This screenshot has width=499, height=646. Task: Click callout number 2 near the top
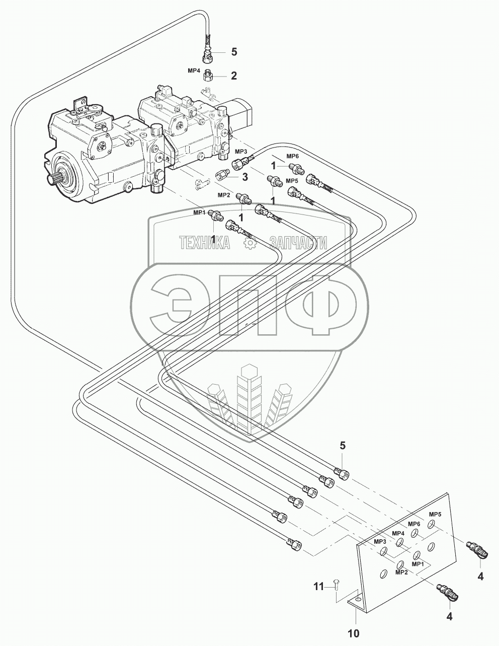(x=233, y=76)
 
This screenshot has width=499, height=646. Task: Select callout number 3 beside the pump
(x=245, y=177)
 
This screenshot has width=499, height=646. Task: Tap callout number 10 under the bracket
(x=354, y=633)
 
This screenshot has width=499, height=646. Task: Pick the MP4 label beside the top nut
(x=194, y=71)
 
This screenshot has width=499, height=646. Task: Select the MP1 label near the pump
(x=199, y=212)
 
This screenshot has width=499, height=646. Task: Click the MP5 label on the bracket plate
(x=435, y=515)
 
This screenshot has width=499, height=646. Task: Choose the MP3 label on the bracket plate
(x=380, y=541)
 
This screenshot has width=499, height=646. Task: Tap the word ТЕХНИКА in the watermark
(x=204, y=243)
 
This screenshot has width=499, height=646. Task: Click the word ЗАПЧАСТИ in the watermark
(x=299, y=243)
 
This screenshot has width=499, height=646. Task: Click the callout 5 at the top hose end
(x=233, y=52)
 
